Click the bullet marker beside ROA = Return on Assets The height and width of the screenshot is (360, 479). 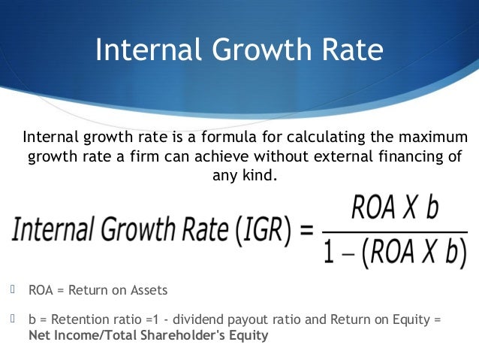(13, 287)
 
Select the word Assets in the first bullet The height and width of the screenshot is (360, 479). (149, 289)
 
